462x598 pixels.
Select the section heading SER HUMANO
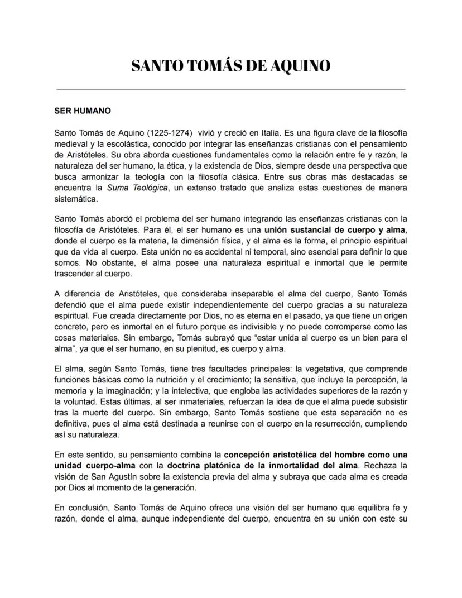tap(83, 111)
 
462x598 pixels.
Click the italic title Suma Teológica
tap(138, 188)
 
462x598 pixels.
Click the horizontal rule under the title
tap(231, 89)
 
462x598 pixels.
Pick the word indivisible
tap(273, 327)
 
